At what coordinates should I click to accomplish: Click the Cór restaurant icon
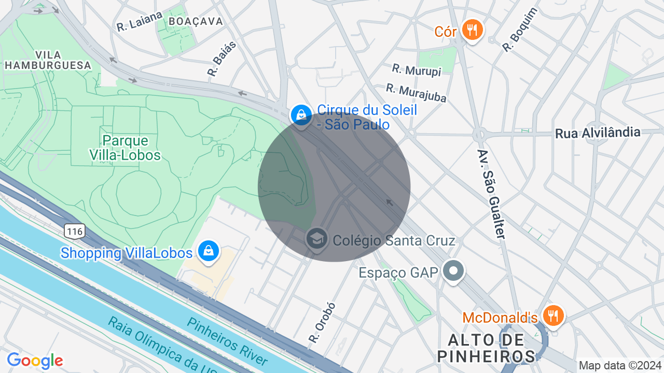pyautogui.click(x=472, y=30)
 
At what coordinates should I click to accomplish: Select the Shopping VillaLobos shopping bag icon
pyautogui.click(x=208, y=251)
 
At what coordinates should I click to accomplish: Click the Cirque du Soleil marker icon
pyautogui.click(x=301, y=115)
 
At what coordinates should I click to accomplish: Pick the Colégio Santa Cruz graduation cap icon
pyautogui.click(x=316, y=239)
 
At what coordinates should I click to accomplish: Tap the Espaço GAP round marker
pyautogui.click(x=453, y=271)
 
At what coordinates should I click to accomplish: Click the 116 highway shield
pyautogui.click(x=75, y=231)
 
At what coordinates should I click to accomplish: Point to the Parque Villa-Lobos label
pyautogui.click(x=125, y=148)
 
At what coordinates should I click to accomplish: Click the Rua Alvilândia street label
pyautogui.click(x=598, y=133)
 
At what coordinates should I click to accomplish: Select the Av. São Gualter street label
pyautogui.click(x=491, y=194)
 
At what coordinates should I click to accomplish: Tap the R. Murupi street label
pyautogui.click(x=417, y=70)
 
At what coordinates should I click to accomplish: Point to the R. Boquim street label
pyautogui.click(x=520, y=30)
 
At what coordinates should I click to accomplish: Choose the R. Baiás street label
pyautogui.click(x=222, y=59)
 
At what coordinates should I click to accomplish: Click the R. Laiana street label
pyautogui.click(x=140, y=22)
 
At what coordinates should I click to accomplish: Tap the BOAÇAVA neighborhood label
pyautogui.click(x=196, y=21)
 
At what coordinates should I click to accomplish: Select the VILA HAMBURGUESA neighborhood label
pyautogui.click(x=48, y=60)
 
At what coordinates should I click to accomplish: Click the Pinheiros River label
pyautogui.click(x=227, y=341)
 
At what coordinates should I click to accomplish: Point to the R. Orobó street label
pyautogui.click(x=322, y=322)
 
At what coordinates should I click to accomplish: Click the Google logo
pyautogui.click(x=35, y=361)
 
